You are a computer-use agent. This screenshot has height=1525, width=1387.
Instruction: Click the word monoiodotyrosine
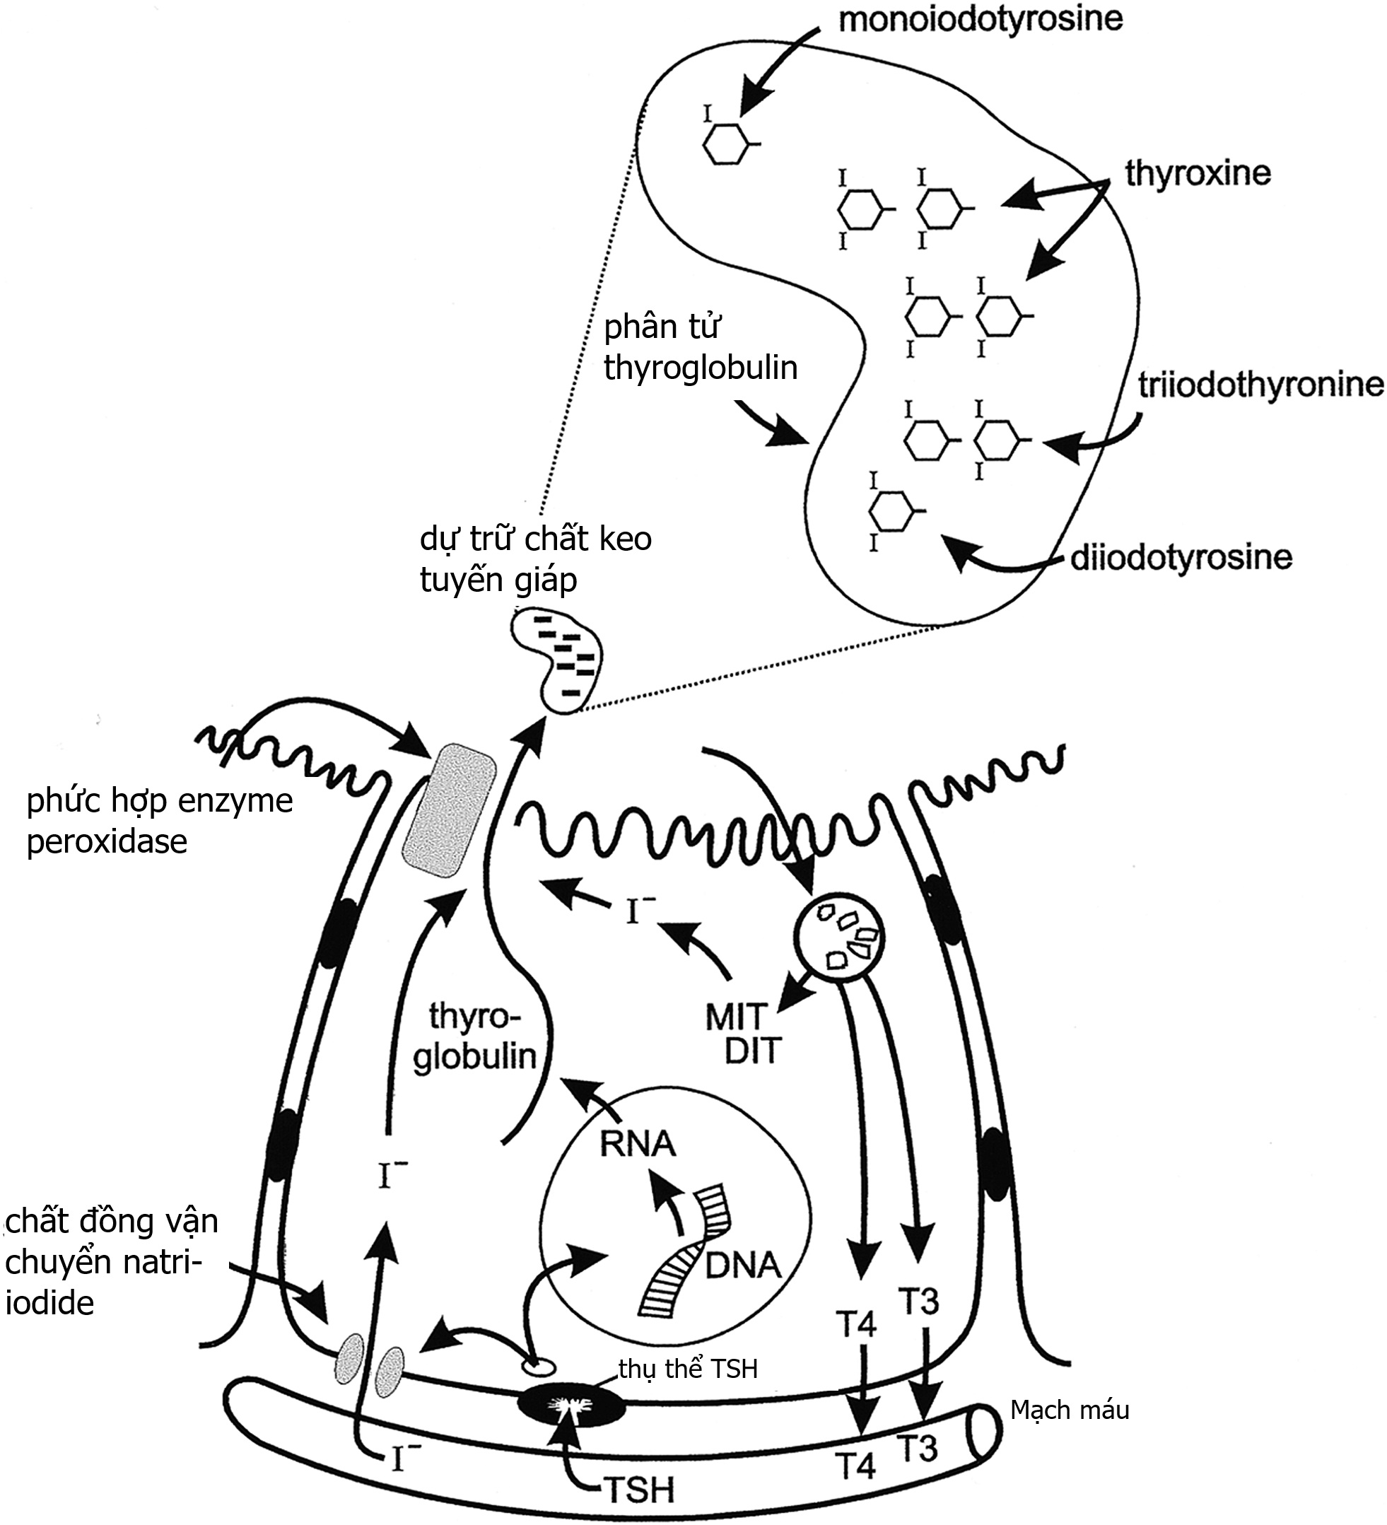[981, 19]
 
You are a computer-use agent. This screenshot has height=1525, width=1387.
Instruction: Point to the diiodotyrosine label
[1182, 558]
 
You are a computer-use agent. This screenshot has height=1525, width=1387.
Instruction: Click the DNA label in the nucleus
[743, 1265]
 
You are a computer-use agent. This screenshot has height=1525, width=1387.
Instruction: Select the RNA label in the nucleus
[637, 1144]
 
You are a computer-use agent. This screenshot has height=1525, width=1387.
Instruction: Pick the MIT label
[736, 1017]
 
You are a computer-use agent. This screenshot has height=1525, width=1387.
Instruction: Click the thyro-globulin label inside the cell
[475, 1036]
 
